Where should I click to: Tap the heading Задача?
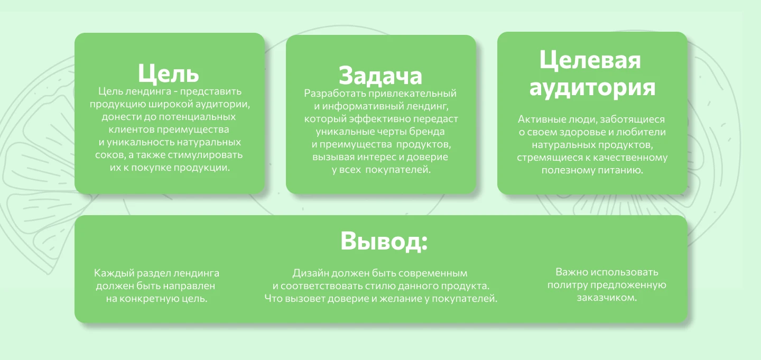(380, 76)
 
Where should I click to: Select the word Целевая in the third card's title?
(590, 60)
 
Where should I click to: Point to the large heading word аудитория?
(592, 88)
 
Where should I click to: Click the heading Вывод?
(384, 241)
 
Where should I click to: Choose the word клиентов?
(132, 130)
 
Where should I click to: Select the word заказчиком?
(607, 298)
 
